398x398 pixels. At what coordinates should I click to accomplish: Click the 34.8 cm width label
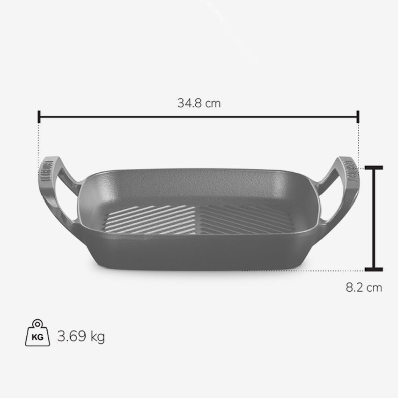[x=199, y=103]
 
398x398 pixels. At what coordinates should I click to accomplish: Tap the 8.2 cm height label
[x=364, y=287]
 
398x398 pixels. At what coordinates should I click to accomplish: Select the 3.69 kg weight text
[x=81, y=337]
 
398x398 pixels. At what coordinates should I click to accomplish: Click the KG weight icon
[x=37, y=333]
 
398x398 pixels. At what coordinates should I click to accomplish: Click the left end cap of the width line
[x=39, y=117]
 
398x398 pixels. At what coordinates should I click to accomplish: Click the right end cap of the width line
[x=358, y=117]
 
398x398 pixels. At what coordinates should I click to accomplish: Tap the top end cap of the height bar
[x=374, y=168]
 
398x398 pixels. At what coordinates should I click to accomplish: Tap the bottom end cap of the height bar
[x=374, y=270]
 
